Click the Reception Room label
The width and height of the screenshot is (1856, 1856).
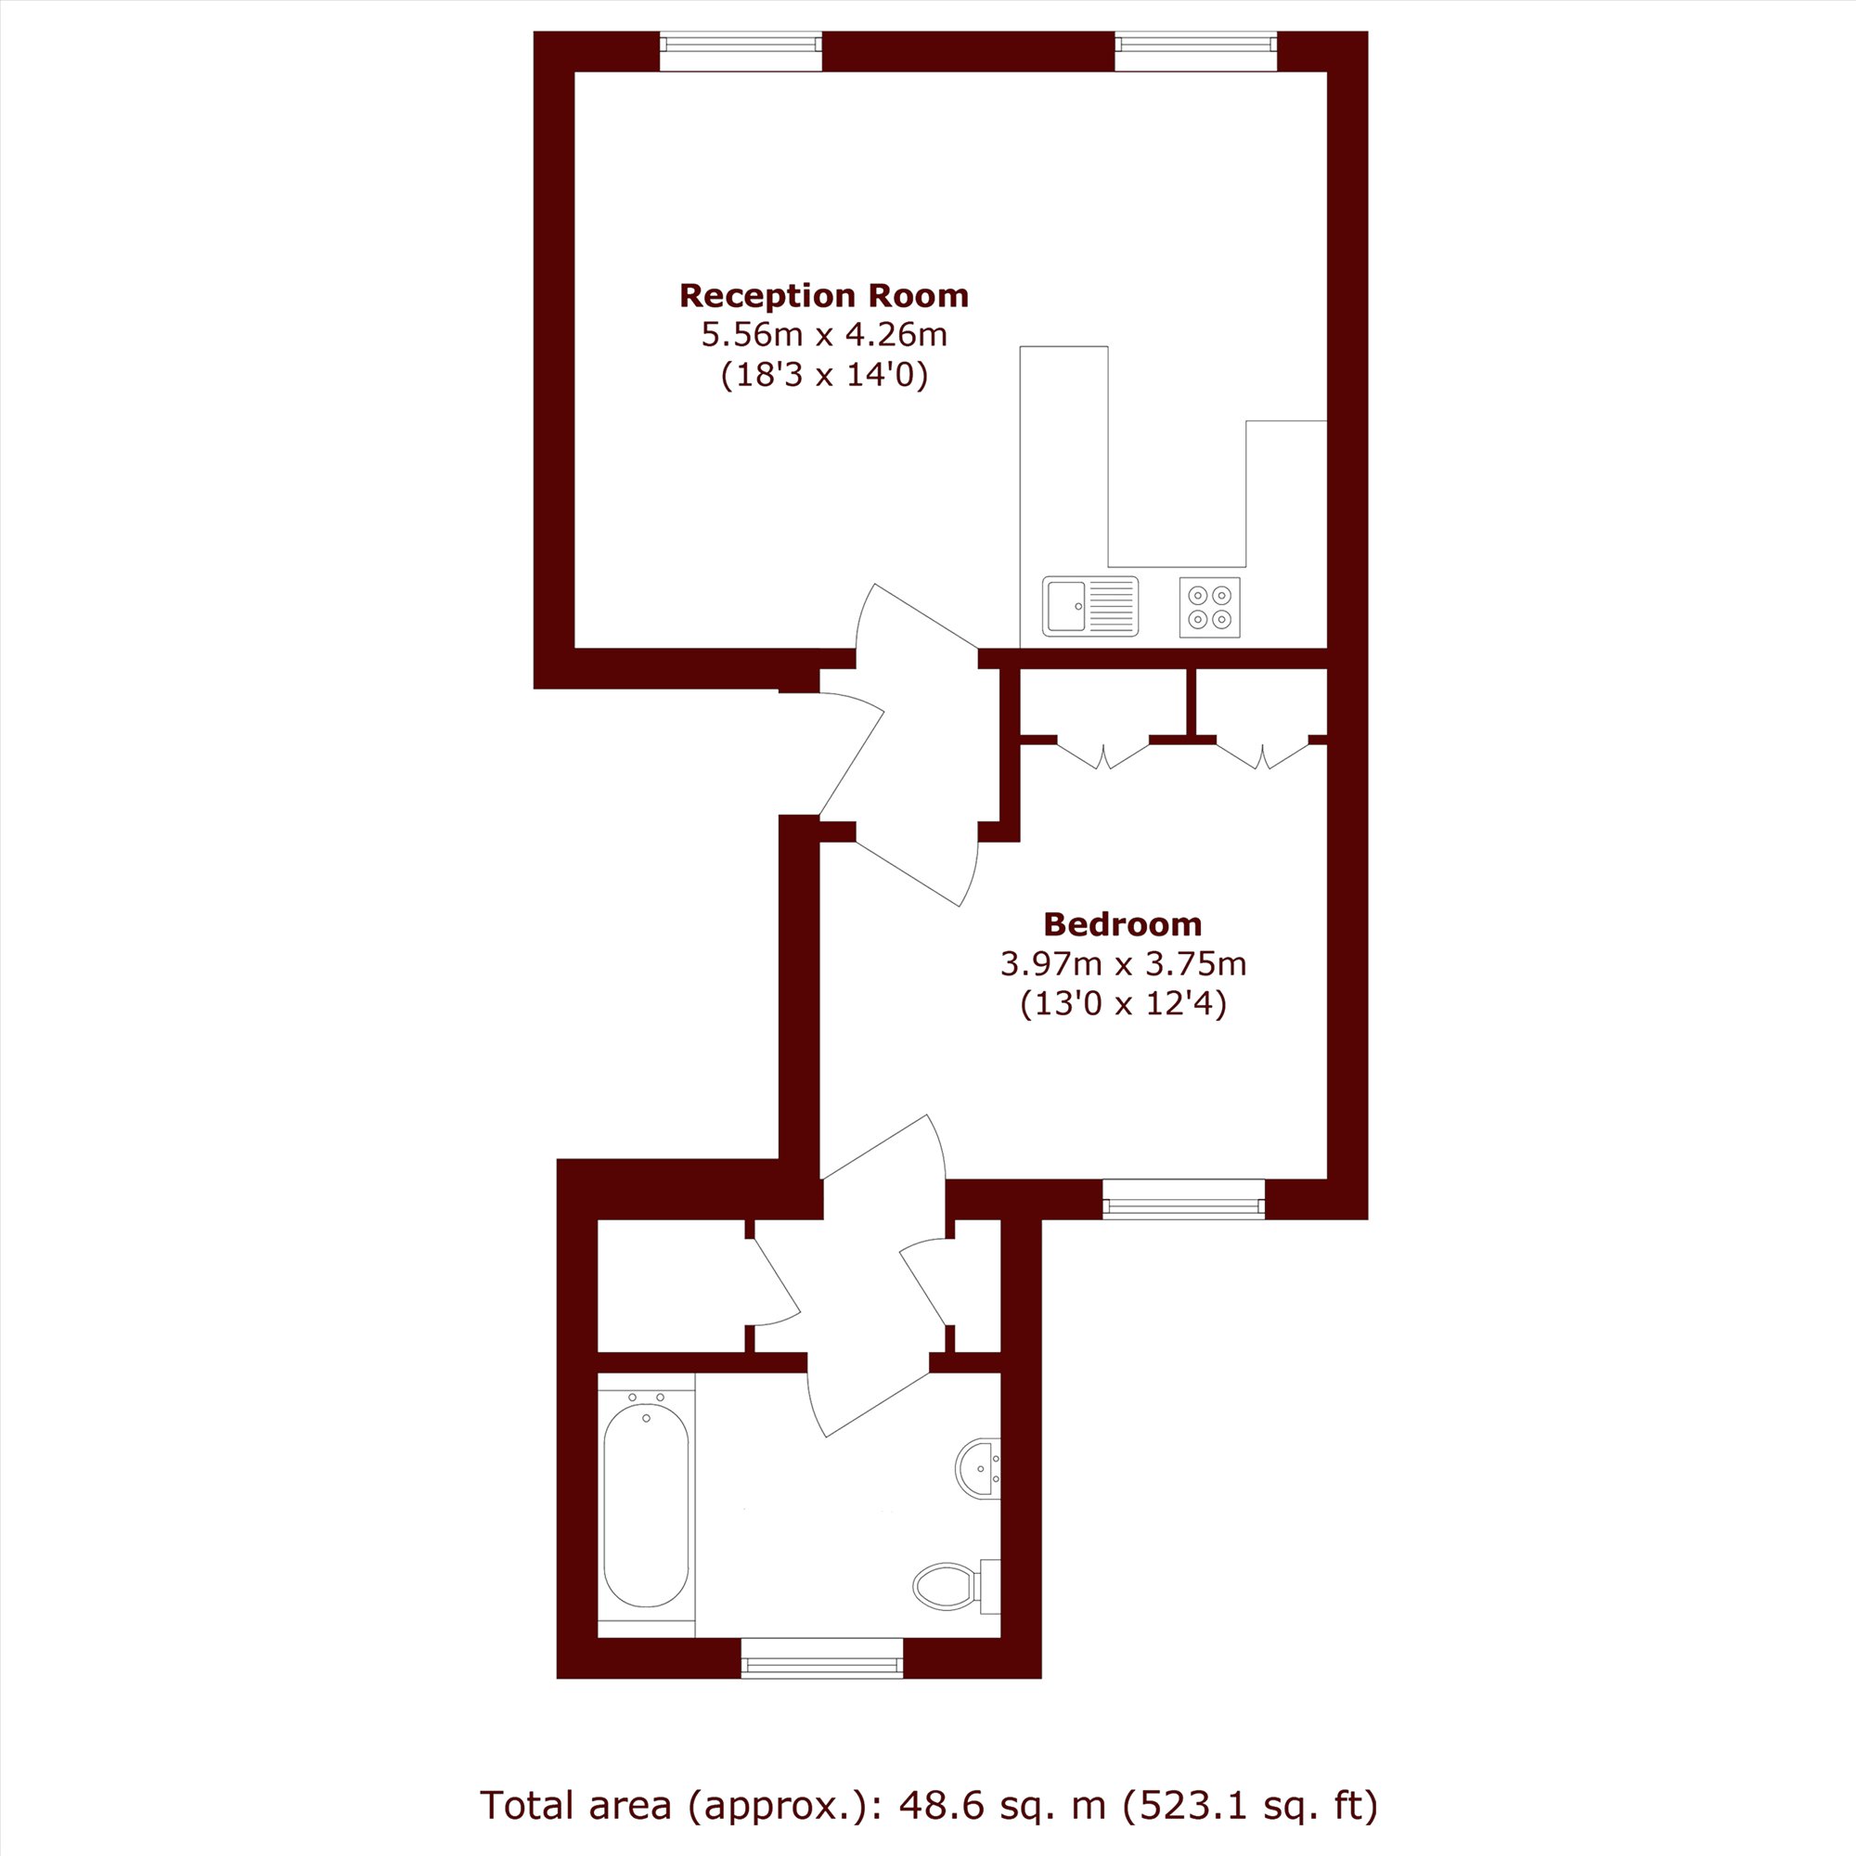tap(823, 296)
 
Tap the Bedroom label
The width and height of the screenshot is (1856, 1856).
tap(1122, 924)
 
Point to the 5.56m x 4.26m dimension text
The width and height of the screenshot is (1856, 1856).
tap(824, 335)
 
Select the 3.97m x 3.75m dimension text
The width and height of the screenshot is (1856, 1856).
tap(1123, 963)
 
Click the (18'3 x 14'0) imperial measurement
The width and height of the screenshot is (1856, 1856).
tap(824, 376)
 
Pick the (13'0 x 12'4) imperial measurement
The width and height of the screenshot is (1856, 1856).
tap(1123, 1005)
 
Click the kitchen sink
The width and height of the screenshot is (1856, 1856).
tap(1090, 606)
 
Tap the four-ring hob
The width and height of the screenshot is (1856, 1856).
tap(1209, 607)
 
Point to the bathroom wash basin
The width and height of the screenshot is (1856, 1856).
tap(978, 1467)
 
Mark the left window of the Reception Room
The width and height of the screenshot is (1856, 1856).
tap(741, 51)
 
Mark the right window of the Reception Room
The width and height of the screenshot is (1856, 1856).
tap(1196, 51)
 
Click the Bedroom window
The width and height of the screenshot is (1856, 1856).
tap(1183, 1199)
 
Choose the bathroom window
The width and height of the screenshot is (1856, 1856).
tap(822, 1657)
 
